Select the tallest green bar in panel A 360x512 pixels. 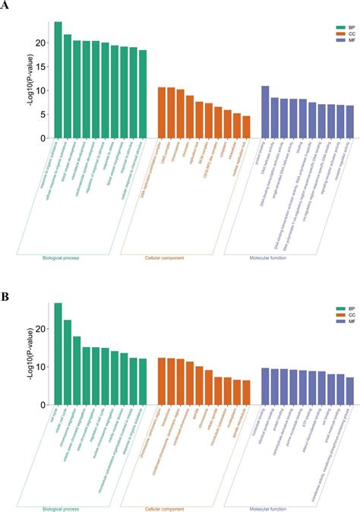pyautogui.click(x=58, y=80)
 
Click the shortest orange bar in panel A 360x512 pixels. pyautogui.click(x=246, y=127)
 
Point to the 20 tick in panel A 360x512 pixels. pyautogui.click(x=39, y=43)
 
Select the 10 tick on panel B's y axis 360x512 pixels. pyautogui.click(x=39, y=367)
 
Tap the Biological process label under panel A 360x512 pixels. pyautogui.click(x=63, y=258)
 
